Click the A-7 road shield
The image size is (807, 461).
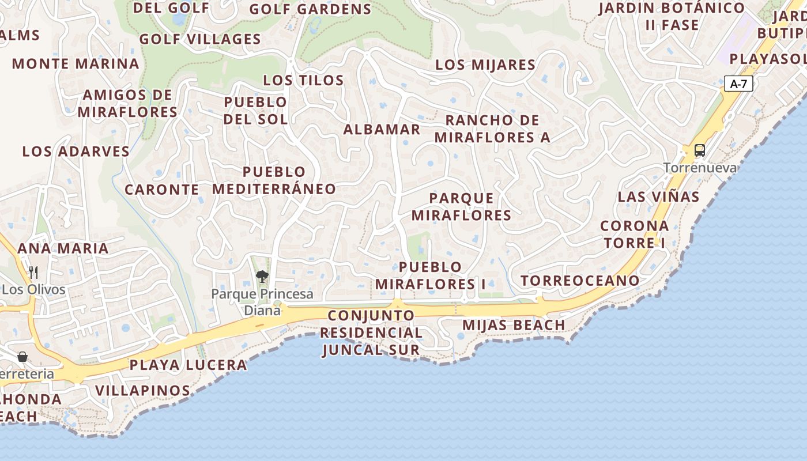[x=738, y=84]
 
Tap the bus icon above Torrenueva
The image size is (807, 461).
[x=700, y=150]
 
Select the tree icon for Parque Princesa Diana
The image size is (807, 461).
[x=262, y=277]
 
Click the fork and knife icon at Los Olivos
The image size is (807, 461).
[x=33, y=272]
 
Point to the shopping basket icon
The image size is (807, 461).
[x=22, y=357]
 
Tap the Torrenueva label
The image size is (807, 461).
[x=700, y=168]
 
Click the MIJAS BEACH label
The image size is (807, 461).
[x=514, y=325]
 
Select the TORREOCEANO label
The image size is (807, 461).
[x=580, y=281]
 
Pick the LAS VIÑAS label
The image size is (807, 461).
[x=658, y=197]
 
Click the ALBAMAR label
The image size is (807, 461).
[x=382, y=130]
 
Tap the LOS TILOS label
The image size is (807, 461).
[x=303, y=80]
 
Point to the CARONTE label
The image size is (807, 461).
[x=162, y=190]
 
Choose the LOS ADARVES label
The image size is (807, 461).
[x=76, y=152]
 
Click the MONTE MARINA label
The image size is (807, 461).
[x=76, y=63]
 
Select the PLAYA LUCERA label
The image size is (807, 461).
[x=188, y=365]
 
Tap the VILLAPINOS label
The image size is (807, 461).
[x=142, y=390]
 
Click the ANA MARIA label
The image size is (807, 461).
[x=63, y=248]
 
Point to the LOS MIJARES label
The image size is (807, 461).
[x=485, y=65]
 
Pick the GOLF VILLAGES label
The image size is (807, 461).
[x=200, y=39]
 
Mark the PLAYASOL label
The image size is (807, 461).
[x=767, y=59]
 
